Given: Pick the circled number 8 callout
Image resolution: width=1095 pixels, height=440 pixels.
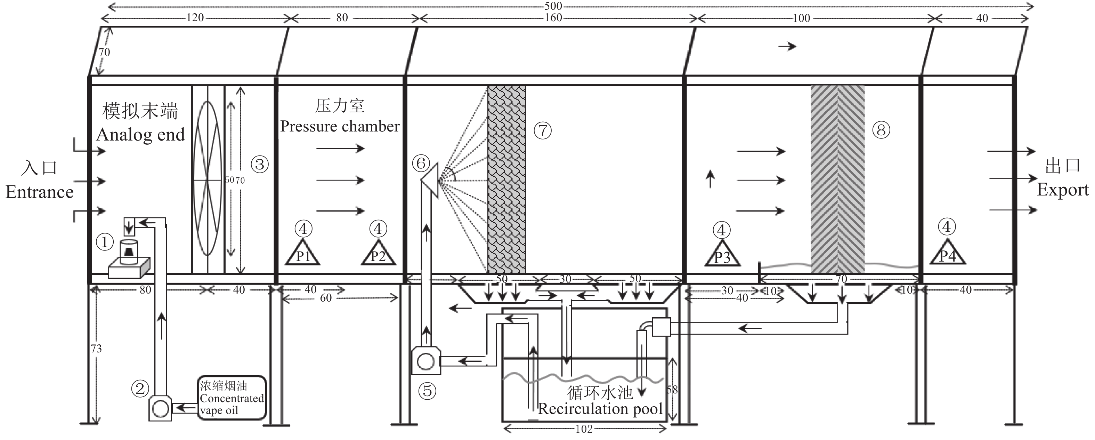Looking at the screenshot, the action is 881,130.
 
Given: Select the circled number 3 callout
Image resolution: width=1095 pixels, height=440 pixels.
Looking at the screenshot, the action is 260,165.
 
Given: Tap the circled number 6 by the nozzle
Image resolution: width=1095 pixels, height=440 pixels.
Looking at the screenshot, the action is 421,163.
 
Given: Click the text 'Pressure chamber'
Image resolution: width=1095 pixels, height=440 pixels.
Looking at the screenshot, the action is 340,126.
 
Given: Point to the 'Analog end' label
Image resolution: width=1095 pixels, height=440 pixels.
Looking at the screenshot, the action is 141,135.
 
